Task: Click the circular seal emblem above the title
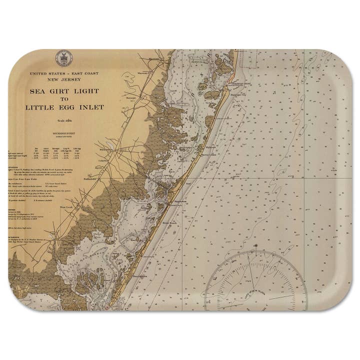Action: pyautogui.click(x=64, y=56)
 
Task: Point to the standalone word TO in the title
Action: pyautogui.click(x=63, y=99)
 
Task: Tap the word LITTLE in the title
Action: pyautogui.click(x=39, y=107)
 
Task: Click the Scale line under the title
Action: pyautogui.click(x=63, y=122)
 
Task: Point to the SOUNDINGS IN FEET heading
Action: pyautogui.click(x=63, y=134)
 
